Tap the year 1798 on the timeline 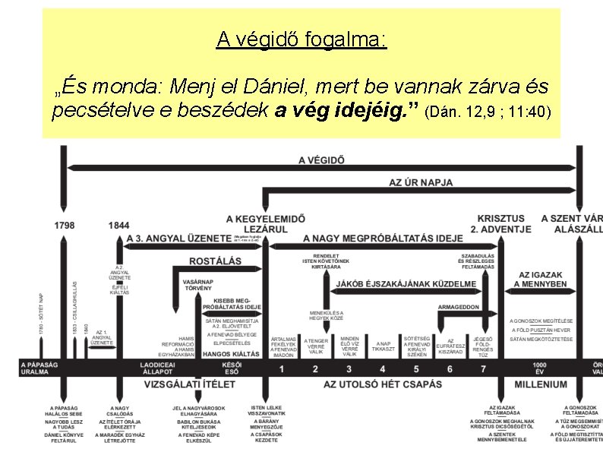pos(65,226)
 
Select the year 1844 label pos(119,226)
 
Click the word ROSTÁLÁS pos(216,261)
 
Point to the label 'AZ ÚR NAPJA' pos(421,182)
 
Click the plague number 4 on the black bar pos(349,369)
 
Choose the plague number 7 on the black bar pos(483,369)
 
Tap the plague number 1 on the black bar pos(282,369)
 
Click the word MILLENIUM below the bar pos(540,384)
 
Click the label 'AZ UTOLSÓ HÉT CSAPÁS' pos(383,384)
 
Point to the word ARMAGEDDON pos(459,307)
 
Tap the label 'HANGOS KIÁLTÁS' pos(232,354)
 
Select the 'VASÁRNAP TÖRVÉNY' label pos(198,285)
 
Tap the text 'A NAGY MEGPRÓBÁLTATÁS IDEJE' pos(383,238)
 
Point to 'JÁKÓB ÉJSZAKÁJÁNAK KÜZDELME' pos(407,284)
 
